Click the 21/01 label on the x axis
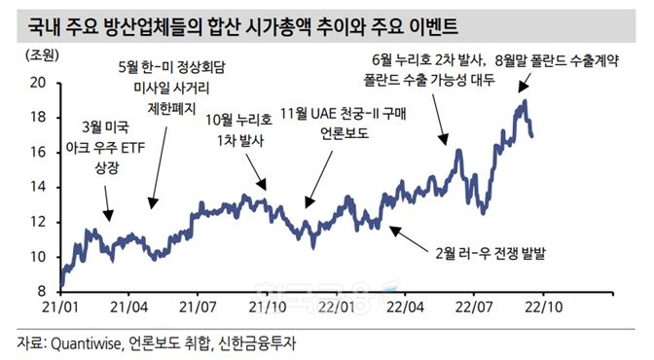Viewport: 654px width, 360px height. click(59, 307)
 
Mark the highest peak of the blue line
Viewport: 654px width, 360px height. click(525, 100)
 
